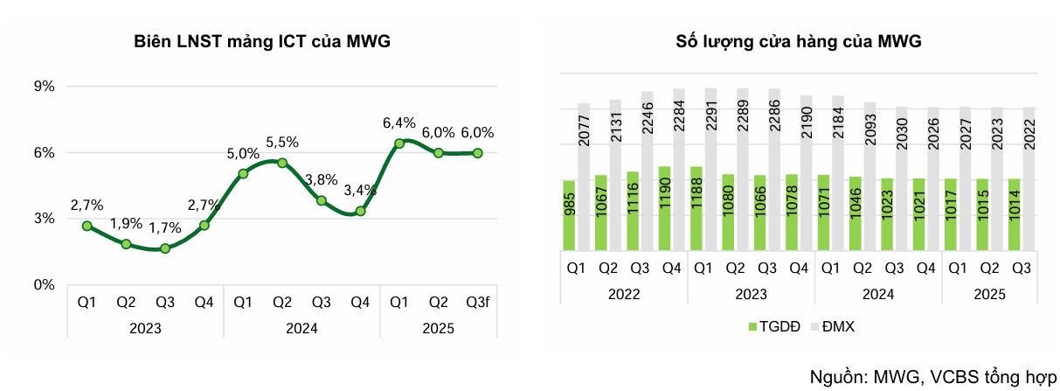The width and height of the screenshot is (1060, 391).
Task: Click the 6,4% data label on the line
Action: [x=399, y=123]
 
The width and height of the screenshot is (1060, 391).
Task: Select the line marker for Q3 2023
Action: [x=165, y=248]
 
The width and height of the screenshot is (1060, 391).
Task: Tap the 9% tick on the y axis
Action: [x=45, y=87]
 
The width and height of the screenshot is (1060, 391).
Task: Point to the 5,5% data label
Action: [x=282, y=142]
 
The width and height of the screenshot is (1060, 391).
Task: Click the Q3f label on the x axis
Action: [x=477, y=303]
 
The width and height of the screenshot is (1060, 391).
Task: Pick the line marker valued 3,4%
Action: [x=360, y=211]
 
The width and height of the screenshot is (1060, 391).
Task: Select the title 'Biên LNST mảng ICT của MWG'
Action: [x=262, y=41]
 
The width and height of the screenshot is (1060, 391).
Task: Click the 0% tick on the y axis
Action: [x=45, y=284]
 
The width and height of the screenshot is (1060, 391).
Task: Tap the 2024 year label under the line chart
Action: [x=301, y=329]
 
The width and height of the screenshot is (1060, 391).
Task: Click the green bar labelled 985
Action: [x=569, y=215]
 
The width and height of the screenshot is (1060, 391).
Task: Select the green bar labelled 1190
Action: [x=663, y=208]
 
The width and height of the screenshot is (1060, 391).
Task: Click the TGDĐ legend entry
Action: [x=772, y=326]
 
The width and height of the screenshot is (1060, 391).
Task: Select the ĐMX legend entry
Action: [x=834, y=326]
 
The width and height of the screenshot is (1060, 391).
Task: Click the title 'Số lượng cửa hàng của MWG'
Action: [x=799, y=41]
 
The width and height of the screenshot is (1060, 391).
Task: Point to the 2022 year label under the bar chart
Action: [x=624, y=296]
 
